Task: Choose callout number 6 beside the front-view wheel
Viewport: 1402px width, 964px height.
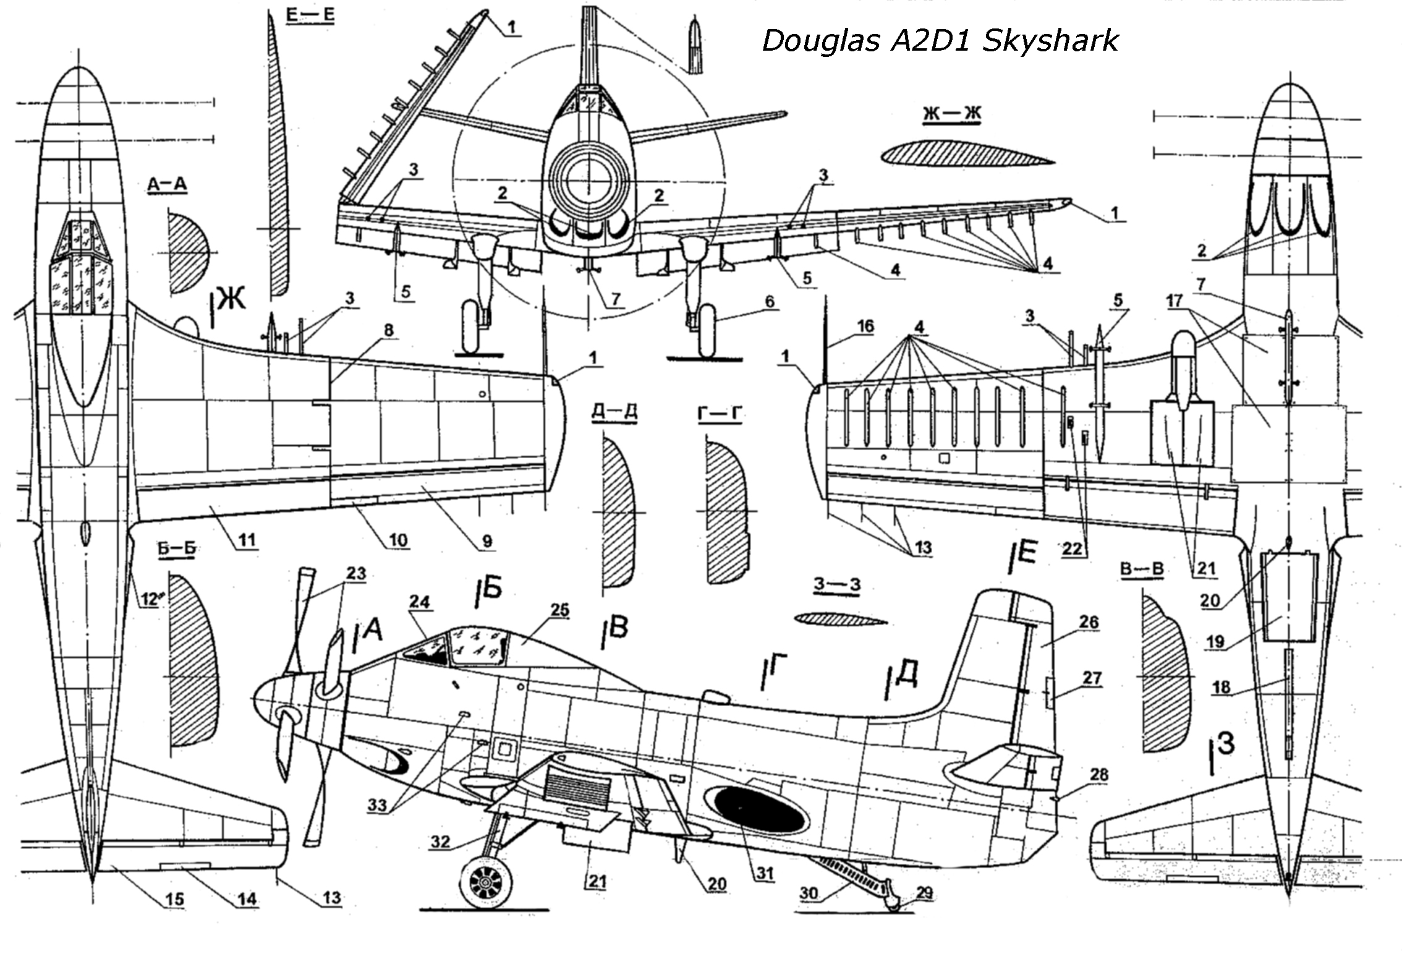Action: click(769, 301)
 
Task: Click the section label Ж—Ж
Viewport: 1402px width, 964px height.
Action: click(952, 114)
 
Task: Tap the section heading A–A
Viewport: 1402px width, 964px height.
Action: click(167, 184)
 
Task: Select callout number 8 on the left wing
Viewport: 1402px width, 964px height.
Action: click(388, 330)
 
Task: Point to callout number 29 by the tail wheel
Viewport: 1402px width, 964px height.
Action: click(924, 893)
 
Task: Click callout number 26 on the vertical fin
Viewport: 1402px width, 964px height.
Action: click(1089, 621)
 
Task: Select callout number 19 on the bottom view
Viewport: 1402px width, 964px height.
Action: click(1215, 641)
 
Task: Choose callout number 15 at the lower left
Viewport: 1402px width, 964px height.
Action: click(175, 898)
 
